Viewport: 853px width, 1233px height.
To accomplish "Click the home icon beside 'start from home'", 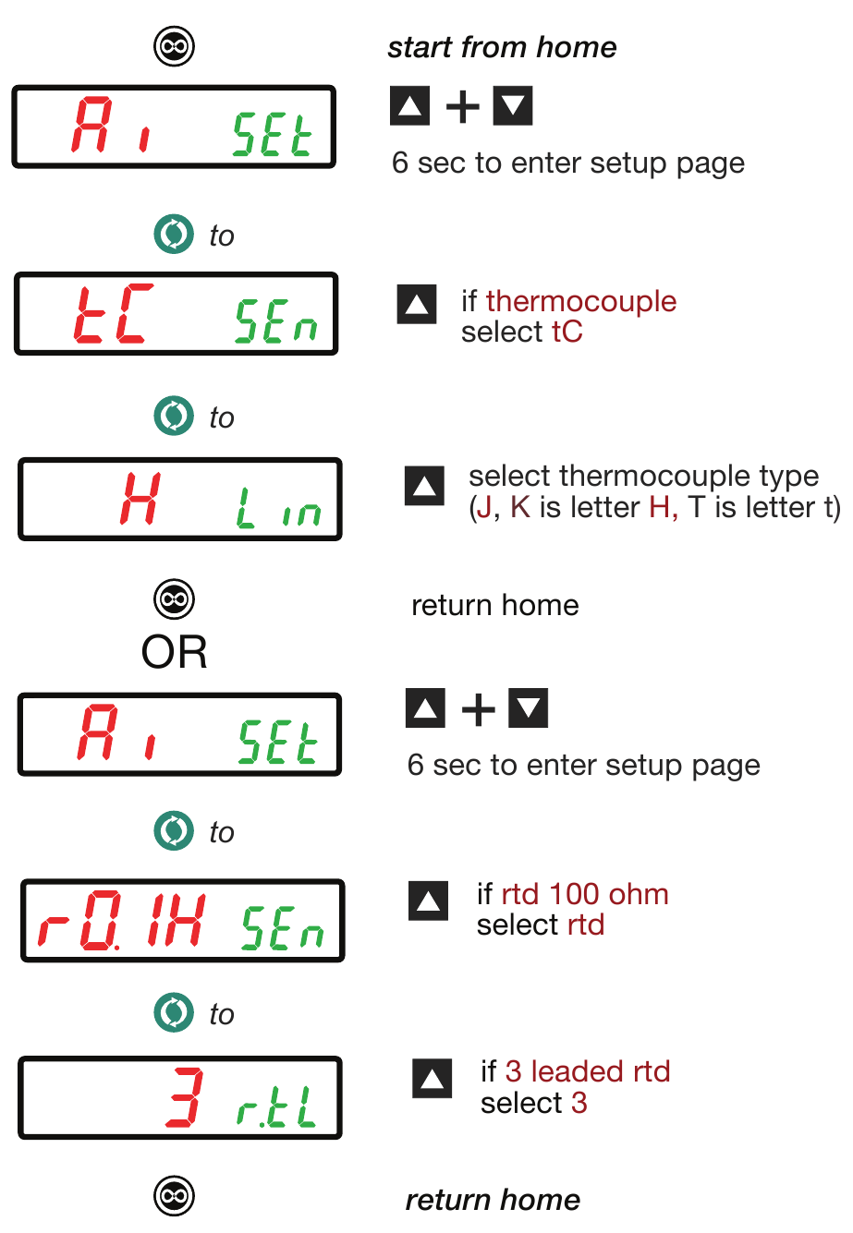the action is (x=174, y=46).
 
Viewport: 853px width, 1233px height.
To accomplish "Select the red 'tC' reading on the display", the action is (x=113, y=313).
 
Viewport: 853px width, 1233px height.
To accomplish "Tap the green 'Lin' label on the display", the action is (x=278, y=507).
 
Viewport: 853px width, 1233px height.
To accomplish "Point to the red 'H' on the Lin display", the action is (x=141, y=498).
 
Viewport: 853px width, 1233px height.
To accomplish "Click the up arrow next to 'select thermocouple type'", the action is (x=424, y=486).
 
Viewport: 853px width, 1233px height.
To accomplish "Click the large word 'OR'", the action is (x=174, y=652).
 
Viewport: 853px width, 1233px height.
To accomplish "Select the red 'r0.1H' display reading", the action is (x=121, y=921).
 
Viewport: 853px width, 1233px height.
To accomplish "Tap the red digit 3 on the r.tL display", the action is (x=185, y=1097).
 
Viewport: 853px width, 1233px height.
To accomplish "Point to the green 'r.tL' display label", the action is (x=276, y=1106).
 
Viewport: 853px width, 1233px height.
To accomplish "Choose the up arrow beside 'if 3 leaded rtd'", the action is (x=432, y=1078).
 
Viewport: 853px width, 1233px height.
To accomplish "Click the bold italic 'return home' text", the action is (x=493, y=1200).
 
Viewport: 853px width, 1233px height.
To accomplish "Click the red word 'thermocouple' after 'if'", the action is (x=581, y=301).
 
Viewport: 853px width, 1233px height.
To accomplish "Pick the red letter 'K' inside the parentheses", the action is (x=520, y=507).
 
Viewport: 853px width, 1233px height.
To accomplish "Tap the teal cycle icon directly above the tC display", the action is (x=174, y=234).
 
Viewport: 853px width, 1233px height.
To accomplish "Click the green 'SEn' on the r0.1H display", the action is (x=283, y=928).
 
